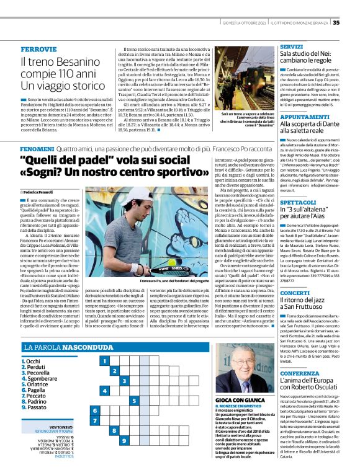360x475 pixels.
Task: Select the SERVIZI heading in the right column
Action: [x=291, y=47]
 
